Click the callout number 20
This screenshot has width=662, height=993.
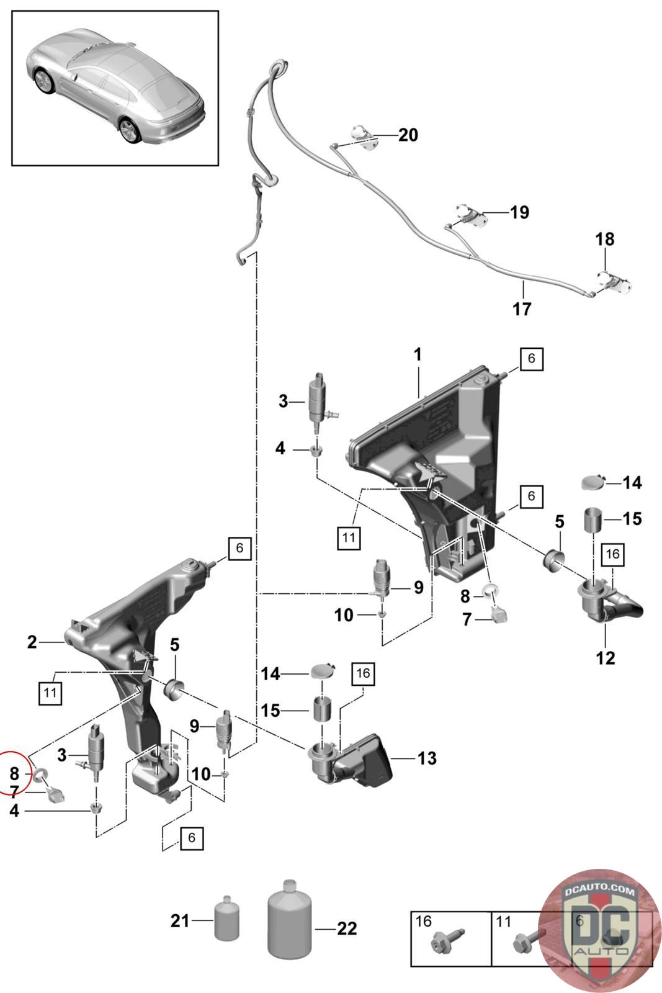click(408, 135)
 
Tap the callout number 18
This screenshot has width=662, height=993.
click(605, 239)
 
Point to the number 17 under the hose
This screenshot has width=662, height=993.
click(522, 308)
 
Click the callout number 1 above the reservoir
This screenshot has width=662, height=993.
click(418, 354)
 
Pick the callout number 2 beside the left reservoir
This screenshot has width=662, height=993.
click(32, 642)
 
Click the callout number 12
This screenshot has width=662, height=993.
click(605, 657)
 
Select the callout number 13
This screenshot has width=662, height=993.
click(427, 758)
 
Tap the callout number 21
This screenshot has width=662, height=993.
click(180, 921)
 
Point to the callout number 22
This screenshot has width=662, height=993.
click(347, 928)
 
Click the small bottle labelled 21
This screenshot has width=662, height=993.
click(226, 919)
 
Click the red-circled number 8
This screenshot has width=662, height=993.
click(14, 773)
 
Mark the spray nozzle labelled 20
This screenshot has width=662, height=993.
click(362, 136)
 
